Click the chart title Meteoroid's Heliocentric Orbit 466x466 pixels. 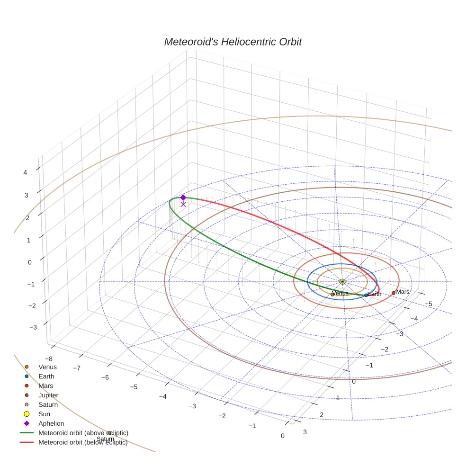click(x=233, y=42)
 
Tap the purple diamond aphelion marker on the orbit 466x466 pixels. click(x=183, y=197)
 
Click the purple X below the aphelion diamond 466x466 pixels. click(x=183, y=204)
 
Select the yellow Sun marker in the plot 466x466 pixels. click(x=342, y=282)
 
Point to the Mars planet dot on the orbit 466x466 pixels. click(x=394, y=293)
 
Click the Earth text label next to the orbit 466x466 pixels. click(x=374, y=294)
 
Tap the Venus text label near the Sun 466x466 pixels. click(x=341, y=294)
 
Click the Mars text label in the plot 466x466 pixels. click(x=403, y=292)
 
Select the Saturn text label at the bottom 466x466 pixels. click(x=105, y=439)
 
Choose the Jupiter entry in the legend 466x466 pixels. click(x=48, y=395)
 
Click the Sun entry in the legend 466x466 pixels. click(x=44, y=414)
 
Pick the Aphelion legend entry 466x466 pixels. click(x=51, y=423)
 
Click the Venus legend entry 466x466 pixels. click(x=47, y=367)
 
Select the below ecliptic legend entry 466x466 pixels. click(x=83, y=442)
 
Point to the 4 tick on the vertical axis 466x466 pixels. click(x=26, y=173)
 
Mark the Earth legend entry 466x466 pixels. click(x=46, y=376)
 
